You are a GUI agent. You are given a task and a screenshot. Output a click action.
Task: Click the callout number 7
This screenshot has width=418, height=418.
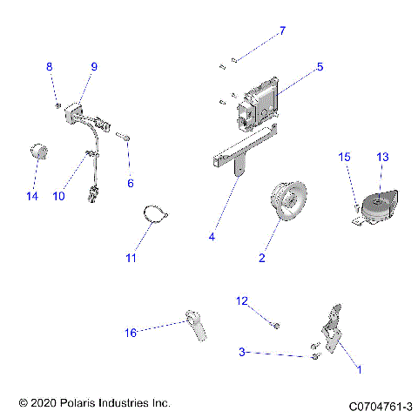[281, 31]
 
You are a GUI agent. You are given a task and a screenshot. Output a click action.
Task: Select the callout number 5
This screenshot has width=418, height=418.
[320, 65]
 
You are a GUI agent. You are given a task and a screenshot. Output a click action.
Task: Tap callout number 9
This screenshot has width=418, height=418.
[94, 66]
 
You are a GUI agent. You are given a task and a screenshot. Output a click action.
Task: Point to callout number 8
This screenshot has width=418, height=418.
[50, 66]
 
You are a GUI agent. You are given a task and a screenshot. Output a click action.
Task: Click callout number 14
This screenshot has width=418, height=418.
[32, 196]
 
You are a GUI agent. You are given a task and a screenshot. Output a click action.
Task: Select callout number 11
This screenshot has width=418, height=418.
[131, 258]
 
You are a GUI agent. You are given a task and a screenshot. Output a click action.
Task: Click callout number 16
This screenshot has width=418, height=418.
[131, 332]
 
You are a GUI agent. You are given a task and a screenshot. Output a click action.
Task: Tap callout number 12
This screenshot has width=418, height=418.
[243, 300]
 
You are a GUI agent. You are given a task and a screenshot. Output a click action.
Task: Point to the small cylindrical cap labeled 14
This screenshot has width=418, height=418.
[37, 152]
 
